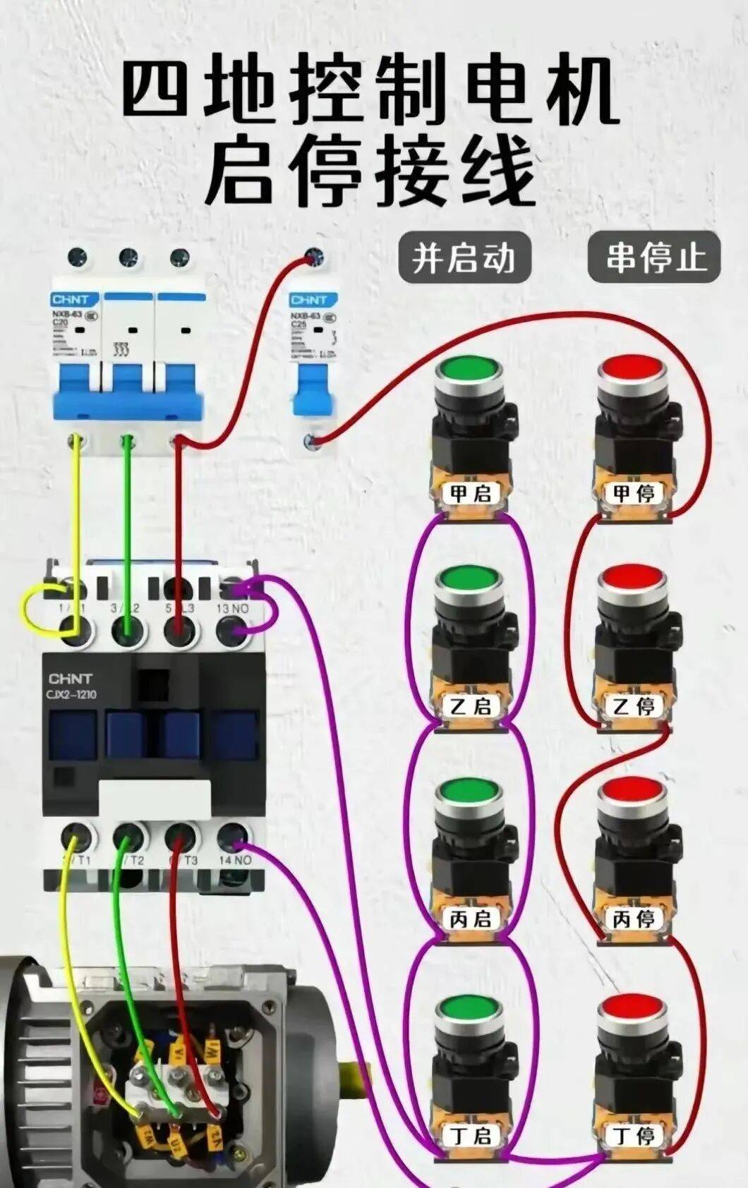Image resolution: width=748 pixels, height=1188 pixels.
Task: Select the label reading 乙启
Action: point(471,706)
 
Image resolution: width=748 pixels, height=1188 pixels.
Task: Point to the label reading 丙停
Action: point(634,919)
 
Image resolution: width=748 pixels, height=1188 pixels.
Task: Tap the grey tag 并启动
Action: point(464,257)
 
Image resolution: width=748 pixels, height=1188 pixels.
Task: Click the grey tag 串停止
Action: point(654,257)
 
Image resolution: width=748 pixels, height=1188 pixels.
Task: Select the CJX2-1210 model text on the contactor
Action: point(73,695)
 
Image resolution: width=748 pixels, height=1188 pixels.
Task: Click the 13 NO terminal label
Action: point(232,608)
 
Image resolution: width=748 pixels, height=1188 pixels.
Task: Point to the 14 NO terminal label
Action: point(235,860)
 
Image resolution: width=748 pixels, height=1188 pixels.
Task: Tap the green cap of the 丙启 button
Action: point(469,793)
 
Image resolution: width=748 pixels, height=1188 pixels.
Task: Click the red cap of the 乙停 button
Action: point(632,580)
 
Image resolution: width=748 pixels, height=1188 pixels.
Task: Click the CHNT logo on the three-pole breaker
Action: point(71,300)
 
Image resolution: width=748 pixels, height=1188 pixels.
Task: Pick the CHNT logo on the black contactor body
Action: point(70,679)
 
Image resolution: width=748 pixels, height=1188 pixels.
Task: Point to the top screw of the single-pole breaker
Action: point(313,257)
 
